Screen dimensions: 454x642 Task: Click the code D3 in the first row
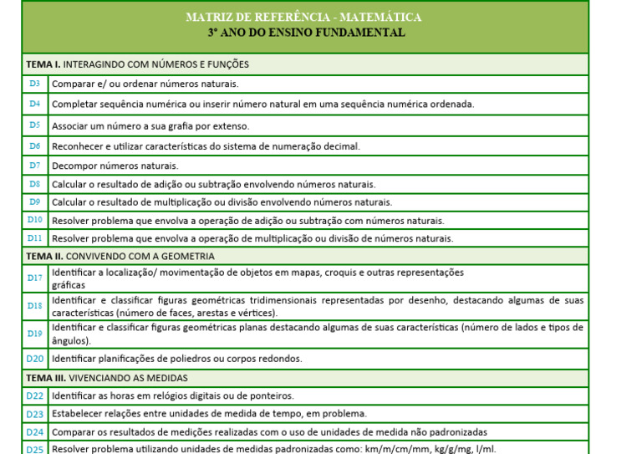[34, 84]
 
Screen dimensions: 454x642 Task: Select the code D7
[34, 166]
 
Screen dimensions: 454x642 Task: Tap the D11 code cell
[34, 238]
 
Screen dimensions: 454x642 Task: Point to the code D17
[34, 278]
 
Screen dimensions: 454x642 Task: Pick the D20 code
[34, 359]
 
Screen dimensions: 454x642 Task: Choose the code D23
[34, 414]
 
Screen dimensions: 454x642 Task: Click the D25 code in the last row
[34, 449]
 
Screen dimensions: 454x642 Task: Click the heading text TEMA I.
[43, 64]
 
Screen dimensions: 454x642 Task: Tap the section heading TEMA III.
[47, 378]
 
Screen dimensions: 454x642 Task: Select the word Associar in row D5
[70, 126]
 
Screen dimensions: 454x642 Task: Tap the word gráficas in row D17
[68, 285]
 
